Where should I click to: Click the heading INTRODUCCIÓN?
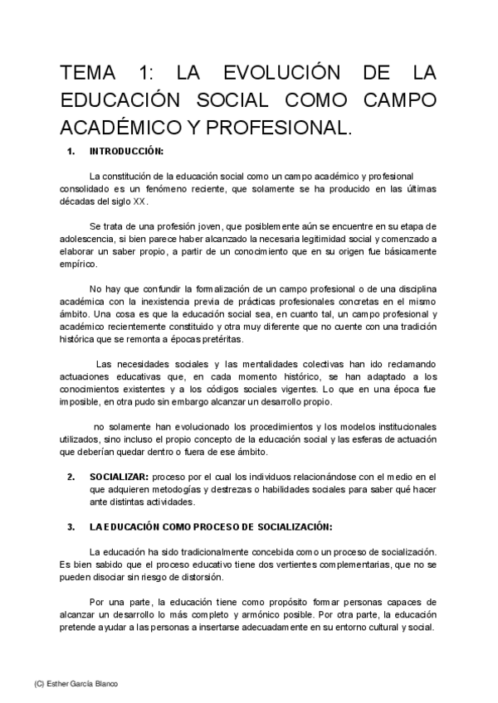pos(125,152)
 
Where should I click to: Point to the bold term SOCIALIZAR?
pos(119,478)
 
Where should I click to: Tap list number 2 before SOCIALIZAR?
pos(71,478)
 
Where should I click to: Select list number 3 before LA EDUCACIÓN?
pos(71,527)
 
